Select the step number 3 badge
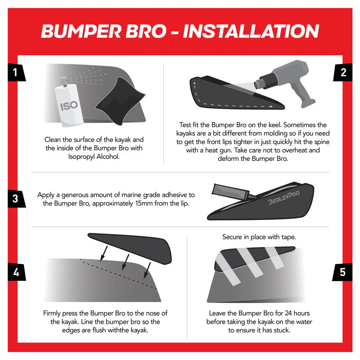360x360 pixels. coord(15,199)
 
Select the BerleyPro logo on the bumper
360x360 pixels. coord(284,197)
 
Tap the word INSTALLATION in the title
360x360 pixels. coord(251,31)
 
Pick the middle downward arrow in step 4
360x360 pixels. coord(125,262)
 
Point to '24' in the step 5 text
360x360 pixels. coord(288,313)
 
